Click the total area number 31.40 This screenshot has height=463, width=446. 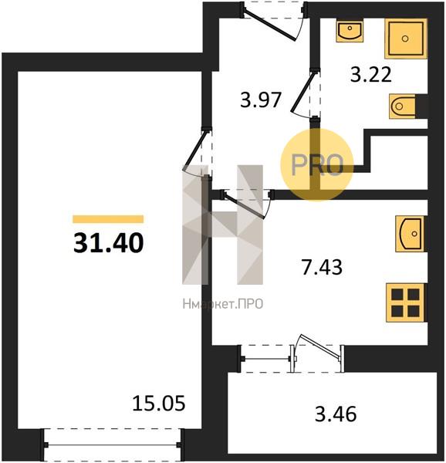click(108, 243)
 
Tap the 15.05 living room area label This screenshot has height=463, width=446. click(159, 404)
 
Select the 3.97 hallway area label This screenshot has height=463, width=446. click(260, 100)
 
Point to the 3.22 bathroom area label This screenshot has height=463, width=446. click(370, 74)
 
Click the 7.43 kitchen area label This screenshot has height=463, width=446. click(322, 267)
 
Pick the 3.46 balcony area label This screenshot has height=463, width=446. click(336, 414)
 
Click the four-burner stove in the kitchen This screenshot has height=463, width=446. click(406, 302)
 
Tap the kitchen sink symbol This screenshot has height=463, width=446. click(411, 234)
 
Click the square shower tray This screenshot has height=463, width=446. click(406, 39)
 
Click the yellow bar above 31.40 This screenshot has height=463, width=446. click(108, 219)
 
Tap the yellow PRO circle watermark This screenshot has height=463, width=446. click(316, 165)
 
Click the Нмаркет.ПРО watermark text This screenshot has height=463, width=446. click(223, 304)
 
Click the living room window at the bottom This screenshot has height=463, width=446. click(113, 444)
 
